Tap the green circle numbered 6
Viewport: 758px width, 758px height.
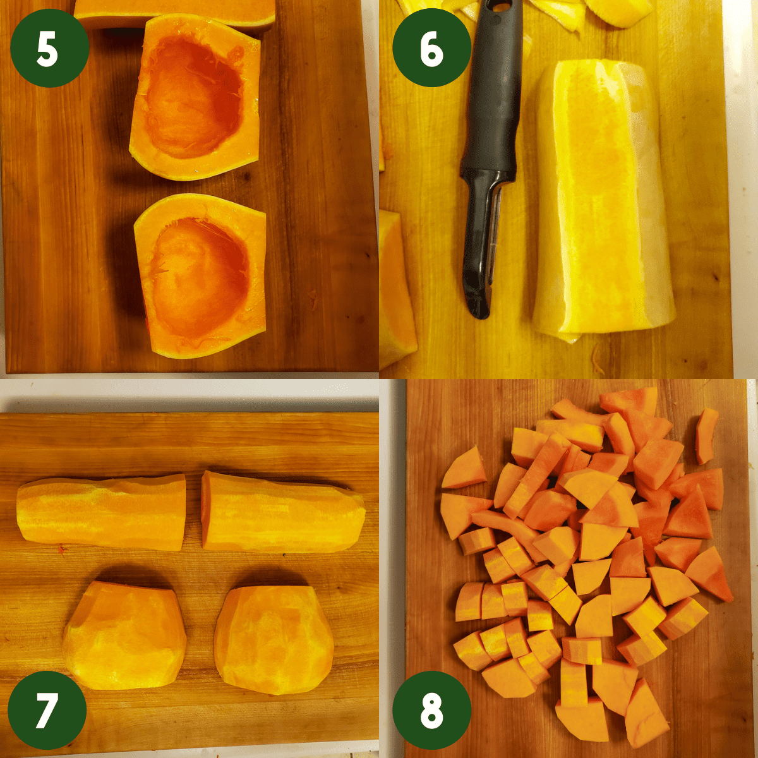[431, 49]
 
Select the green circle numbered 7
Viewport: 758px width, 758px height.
[47, 709]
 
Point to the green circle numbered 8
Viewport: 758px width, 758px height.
[431, 709]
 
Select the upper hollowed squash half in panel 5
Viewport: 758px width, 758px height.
[196, 98]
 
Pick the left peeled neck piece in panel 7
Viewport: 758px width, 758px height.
[101, 512]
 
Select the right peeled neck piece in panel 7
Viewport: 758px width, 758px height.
[282, 512]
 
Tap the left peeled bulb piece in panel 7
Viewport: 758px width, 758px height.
[124, 635]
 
